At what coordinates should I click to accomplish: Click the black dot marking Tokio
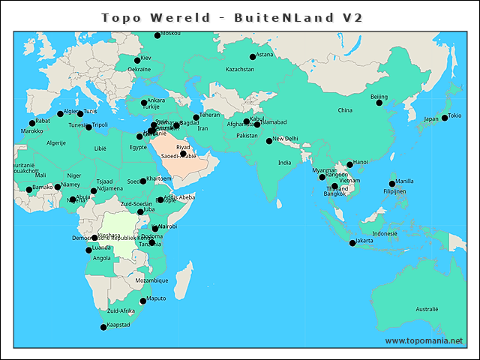(x=445, y=117)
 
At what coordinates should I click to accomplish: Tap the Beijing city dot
(x=379, y=103)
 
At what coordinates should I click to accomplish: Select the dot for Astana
(x=252, y=57)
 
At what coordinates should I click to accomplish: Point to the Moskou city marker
(x=157, y=35)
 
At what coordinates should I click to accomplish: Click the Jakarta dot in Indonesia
(x=352, y=243)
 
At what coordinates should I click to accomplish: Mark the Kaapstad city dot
(x=103, y=327)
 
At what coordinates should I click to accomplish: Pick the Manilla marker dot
(x=392, y=184)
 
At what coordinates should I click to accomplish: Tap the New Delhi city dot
(x=269, y=141)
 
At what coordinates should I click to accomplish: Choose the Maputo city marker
(x=143, y=301)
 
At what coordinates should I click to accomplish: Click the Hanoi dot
(x=349, y=164)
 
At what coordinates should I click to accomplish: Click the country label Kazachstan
(x=241, y=70)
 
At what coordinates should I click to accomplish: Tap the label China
(x=345, y=110)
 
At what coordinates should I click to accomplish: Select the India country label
(x=284, y=163)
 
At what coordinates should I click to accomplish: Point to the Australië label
(x=427, y=309)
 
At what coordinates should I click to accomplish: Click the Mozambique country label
(x=151, y=280)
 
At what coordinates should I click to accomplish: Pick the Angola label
(x=101, y=258)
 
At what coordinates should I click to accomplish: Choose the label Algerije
(x=56, y=142)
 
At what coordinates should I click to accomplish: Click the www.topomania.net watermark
(x=424, y=341)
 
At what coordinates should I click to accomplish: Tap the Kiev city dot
(x=137, y=61)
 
